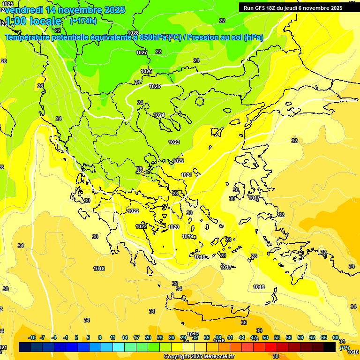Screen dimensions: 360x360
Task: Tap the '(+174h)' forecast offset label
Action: (x=83, y=21)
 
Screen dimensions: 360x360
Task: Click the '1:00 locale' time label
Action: (x=34, y=21)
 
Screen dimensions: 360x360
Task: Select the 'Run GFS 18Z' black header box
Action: (x=299, y=7)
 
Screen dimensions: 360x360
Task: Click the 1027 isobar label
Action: (x=142, y=52)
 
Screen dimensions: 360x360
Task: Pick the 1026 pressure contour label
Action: (x=146, y=71)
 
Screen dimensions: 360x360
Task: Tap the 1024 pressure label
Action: (x=159, y=115)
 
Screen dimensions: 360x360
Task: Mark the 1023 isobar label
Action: (x=174, y=142)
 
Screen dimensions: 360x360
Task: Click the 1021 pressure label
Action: (x=187, y=175)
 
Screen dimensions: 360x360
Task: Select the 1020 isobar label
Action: (x=173, y=227)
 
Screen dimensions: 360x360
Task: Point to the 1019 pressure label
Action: (x=187, y=236)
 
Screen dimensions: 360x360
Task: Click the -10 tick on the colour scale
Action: (x=32, y=337)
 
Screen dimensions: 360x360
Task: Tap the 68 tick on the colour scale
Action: (x=336, y=337)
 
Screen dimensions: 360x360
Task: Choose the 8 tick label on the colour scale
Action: (x=100, y=337)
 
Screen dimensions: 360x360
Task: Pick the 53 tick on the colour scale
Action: (x=277, y=337)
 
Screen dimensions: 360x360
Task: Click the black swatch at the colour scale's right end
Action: (x=330, y=347)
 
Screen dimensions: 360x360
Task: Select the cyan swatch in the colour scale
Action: (x=119, y=347)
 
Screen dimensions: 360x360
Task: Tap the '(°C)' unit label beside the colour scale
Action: (x=344, y=348)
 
